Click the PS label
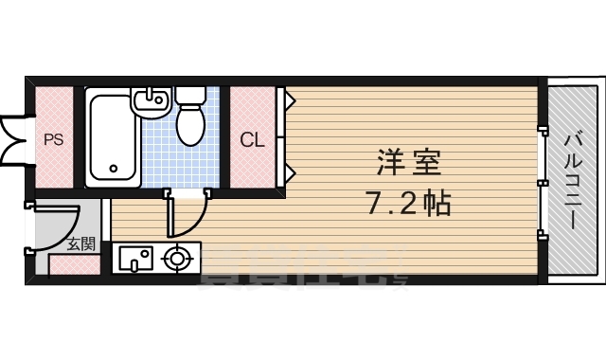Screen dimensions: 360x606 [53, 140]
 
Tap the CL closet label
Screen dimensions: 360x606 [252, 140]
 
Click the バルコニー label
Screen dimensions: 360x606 [573, 180]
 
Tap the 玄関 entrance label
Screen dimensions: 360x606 [80, 244]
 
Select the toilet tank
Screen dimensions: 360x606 [190, 96]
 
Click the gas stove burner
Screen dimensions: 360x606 [175, 258]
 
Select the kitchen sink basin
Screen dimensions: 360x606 [134, 258]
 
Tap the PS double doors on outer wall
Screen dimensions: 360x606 [13, 140]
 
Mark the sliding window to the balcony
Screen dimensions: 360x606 [542, 180]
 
